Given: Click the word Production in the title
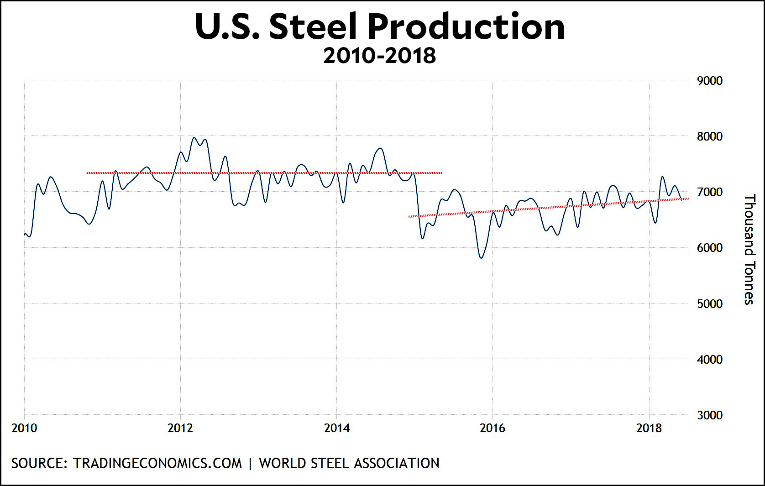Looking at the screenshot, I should click(x=466, y=26).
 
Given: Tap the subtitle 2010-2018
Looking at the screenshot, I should click(x=379, y=56).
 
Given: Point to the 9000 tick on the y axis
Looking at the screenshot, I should click(x=710, y=81).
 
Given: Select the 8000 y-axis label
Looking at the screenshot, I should click(x=710, y=136).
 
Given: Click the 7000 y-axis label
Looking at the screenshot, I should click(x=710, y=192).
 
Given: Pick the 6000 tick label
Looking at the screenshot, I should click(x=710, y=248).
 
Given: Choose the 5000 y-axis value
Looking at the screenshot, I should click(x=710, y=304).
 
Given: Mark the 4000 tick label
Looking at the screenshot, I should click(x=710, y=360).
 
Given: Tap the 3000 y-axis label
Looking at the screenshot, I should click(x=710, y=415).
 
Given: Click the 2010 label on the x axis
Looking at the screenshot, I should click(x=24, y=428).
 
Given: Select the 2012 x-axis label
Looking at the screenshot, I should click(x=180, y=428).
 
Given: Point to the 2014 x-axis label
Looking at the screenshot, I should click(x=337, y=428).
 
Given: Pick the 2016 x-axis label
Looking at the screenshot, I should click(x=493, y=428).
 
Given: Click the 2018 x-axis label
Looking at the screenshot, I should click(x=649, y=428).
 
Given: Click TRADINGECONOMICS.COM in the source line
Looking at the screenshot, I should click(x=157, y=463).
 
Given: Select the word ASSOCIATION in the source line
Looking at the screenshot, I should click(x=396, y=463).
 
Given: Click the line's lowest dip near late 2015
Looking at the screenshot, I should click(x=481, y=258).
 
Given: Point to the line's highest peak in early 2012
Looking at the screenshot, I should click(x=194, y=138).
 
